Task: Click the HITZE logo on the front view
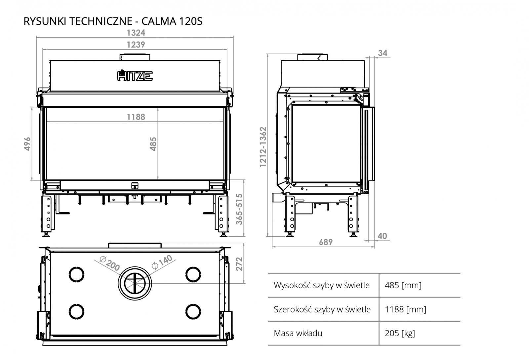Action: click(135, 76)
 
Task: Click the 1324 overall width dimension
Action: click(136, 33)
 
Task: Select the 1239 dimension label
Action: click(136, 45)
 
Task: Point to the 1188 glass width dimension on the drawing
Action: click(136, 117)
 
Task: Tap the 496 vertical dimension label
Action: click(27, 144)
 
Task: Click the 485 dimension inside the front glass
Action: click(153, 144)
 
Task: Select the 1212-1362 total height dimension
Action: click(263, 147)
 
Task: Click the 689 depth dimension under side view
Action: click(326, 242)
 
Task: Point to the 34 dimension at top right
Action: click(383, 53)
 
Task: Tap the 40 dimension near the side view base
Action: click(382, 236)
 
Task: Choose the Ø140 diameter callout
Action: click(162, 262)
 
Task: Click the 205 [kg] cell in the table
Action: click(400, 333)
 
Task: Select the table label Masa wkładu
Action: click(298, 333)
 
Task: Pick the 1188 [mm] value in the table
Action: click(405, 309)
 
